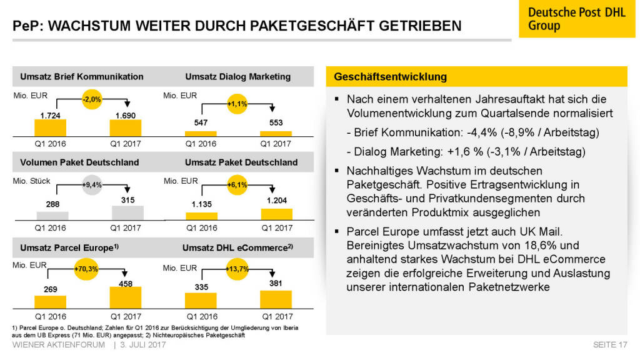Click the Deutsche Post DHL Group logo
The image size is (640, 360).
tap(572, 19)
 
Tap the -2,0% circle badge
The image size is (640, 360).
tap(92, 99)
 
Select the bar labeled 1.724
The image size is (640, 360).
tap(50, 127)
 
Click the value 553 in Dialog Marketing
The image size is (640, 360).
tap(275, 122)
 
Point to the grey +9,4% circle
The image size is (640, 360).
tap(92, 185)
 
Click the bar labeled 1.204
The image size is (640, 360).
tap(276, 214)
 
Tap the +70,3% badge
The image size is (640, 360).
tap(88, 269)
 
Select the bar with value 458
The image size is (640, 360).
tap(126, 297)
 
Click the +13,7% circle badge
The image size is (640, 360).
tap(239, 269)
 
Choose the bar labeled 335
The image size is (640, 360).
tap(201, 300)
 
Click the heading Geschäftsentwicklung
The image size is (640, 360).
tap(390, 77)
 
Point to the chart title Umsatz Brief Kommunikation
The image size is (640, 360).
tap(81, 77)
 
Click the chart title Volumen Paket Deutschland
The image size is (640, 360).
tap(79, 162)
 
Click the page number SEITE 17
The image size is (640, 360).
tap(609, 345)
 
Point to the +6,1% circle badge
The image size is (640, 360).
tap(237, 185)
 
